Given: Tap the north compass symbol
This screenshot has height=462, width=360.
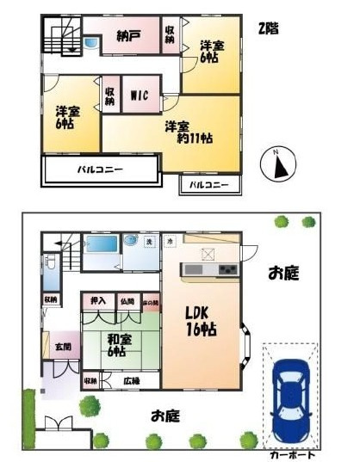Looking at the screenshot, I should (282, 163).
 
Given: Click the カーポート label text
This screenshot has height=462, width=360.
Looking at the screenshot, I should (292, 453).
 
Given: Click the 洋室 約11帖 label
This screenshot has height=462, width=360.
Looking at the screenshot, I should (189, 132).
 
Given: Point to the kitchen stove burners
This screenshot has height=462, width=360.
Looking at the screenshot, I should (227, 270).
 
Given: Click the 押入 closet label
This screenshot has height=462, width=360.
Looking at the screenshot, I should (97, 301).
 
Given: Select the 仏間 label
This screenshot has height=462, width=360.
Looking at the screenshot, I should (127, 301).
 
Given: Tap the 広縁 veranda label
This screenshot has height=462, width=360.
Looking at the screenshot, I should (131, 380).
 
